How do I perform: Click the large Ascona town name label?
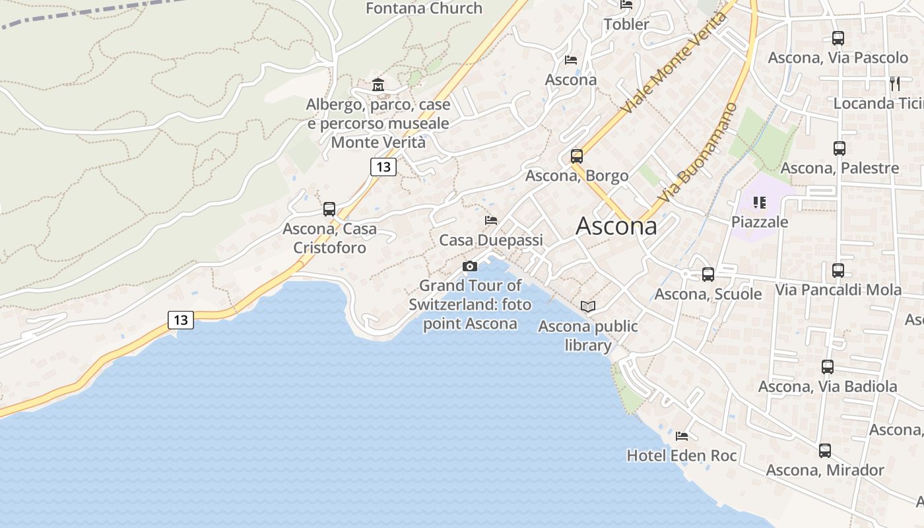coord(616,226)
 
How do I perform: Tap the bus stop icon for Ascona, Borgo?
coord(577,156)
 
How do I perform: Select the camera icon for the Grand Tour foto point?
coord(470,267)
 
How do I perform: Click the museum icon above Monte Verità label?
coord(378,85)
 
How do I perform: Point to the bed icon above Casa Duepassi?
coord(491,220)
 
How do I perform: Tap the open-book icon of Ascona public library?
coord(588,306)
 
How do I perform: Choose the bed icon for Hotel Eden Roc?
coord(682,436)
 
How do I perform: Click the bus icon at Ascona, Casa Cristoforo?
coord(329,209)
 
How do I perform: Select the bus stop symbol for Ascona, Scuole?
coord(708,274)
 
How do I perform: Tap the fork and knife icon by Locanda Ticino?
coord(895,84)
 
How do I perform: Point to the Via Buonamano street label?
coord(698,152)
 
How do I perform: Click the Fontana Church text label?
coord(424,9)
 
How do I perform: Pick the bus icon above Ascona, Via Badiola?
coord(828,367)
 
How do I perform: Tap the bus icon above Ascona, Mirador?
coord(825,451)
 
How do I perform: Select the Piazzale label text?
coord(760,222)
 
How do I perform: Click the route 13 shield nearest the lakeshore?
coord(181,320)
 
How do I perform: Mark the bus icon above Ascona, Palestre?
coord(840,148)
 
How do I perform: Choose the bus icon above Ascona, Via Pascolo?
coord(838,38)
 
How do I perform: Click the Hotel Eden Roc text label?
coord(682,455)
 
